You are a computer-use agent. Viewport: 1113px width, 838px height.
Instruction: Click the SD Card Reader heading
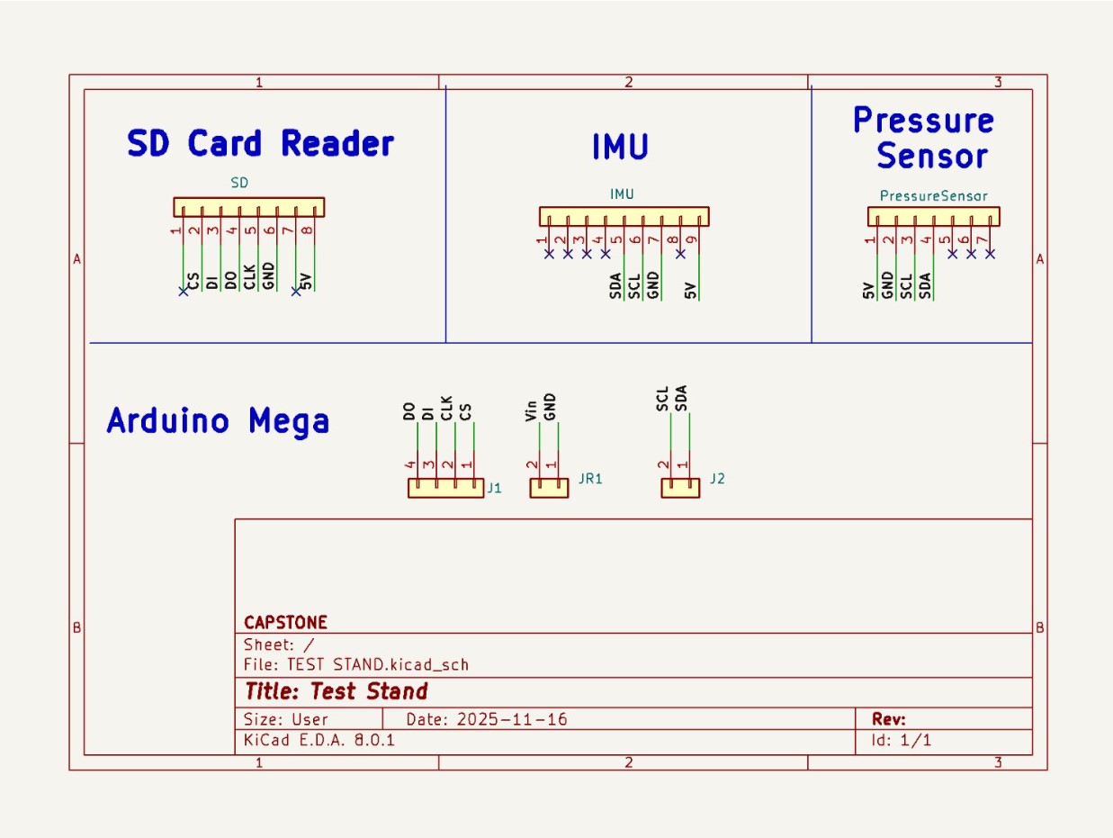pos(261,144)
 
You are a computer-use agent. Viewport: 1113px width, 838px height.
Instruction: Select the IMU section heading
pos(620,147)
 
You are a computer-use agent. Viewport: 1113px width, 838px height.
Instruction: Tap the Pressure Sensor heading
pos(923,138)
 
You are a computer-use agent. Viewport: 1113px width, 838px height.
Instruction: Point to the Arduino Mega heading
pos(218,420)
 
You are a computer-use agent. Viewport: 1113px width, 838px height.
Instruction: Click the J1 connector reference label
pos(494,489)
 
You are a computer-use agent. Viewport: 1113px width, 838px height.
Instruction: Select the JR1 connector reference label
pos(590,479)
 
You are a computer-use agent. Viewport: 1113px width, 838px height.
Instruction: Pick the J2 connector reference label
pos(717,479)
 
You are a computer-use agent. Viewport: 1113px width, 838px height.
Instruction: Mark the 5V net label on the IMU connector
pos(690,290)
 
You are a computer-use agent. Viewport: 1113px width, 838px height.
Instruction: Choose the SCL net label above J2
pos(662,399)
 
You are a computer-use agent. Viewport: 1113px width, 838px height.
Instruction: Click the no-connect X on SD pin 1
pos(184,291)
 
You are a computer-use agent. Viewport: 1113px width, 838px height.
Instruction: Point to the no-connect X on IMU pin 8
pos(681,254)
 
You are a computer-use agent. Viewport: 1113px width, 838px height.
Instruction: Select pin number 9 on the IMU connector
pos(692,239)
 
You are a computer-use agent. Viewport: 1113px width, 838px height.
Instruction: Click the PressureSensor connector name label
pos(933,195)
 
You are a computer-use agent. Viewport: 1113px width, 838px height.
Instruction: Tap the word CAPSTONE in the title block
pos(285,623)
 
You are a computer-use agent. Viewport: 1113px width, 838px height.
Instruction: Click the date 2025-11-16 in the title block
pos(513,719)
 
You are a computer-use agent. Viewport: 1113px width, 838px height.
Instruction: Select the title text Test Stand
pos(369,691)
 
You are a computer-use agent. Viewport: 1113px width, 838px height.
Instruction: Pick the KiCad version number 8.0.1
pos(372,740)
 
